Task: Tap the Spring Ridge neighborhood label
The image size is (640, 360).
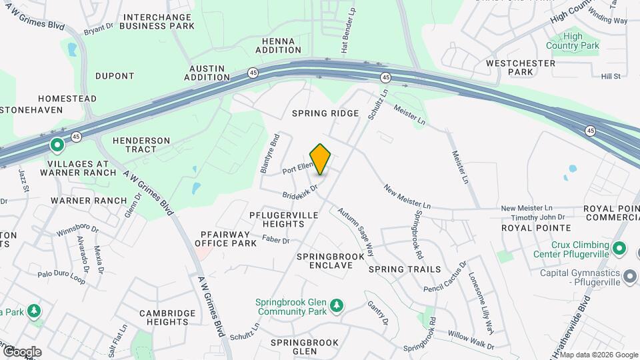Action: tap(325, 114)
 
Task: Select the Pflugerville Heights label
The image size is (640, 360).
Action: tap(286, 219)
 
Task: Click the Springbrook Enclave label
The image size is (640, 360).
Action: tap(331, 261)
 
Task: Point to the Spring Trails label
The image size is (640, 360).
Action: tap(405, 269)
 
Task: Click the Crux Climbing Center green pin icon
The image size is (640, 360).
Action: tap(619, 249)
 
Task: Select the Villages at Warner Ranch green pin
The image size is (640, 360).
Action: tap(57, 144)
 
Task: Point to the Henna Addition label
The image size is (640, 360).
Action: tap(278, 45)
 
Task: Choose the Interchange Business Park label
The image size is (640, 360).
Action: tap(159, 21)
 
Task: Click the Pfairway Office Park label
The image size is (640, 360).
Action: tap(225, 239)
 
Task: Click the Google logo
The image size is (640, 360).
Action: tap(21, 351)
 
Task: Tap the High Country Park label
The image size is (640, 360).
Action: tap(572, 41)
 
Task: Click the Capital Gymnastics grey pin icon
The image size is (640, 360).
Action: tap(630, 275)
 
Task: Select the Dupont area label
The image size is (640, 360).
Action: tap(115, 76)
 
